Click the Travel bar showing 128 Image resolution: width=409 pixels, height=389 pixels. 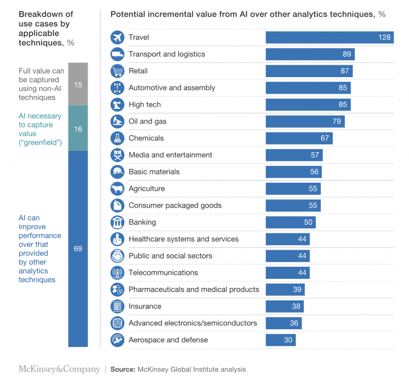[x=330, y=38]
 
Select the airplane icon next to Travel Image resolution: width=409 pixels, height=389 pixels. [x=117, y=38]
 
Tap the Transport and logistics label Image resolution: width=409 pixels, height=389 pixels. [x=167, y=54]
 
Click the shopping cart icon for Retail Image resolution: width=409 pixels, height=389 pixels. [x=117, y=71]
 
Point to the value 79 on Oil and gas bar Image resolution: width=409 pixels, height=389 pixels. [x=337, y=121]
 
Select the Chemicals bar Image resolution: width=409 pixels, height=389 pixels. [x=299, y=138]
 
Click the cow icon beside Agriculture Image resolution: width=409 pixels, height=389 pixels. [x=117, y=189]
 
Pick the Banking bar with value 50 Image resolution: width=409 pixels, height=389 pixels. [x=290, y=222]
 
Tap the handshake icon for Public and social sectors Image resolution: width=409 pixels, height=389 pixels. [x=117, y=256]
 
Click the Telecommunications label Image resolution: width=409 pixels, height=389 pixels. [x=163, y=273]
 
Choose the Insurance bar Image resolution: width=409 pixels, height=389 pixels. [x=284, y=306]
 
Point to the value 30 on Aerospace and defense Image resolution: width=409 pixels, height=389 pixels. [x=288, y=340]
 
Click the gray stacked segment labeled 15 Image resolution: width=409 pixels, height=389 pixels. [x=78, y=84]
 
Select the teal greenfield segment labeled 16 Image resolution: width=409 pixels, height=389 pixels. [x=78, y=129]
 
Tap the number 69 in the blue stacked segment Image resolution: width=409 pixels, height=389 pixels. [x=78, y=249]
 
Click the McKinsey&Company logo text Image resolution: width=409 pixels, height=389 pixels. [x=59, y=369]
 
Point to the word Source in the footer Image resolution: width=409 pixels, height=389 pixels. [x=123, y=369]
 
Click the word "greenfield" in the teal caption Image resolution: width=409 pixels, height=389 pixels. [x=40, y=142]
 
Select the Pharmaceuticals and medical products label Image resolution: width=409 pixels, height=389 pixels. [x=194, y=290]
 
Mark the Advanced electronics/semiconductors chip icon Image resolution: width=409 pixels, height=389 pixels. [x=117, y=323]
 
